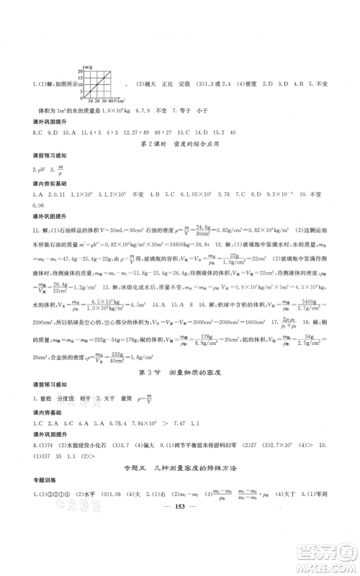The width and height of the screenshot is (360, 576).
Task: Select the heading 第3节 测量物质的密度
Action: (180, 374)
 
